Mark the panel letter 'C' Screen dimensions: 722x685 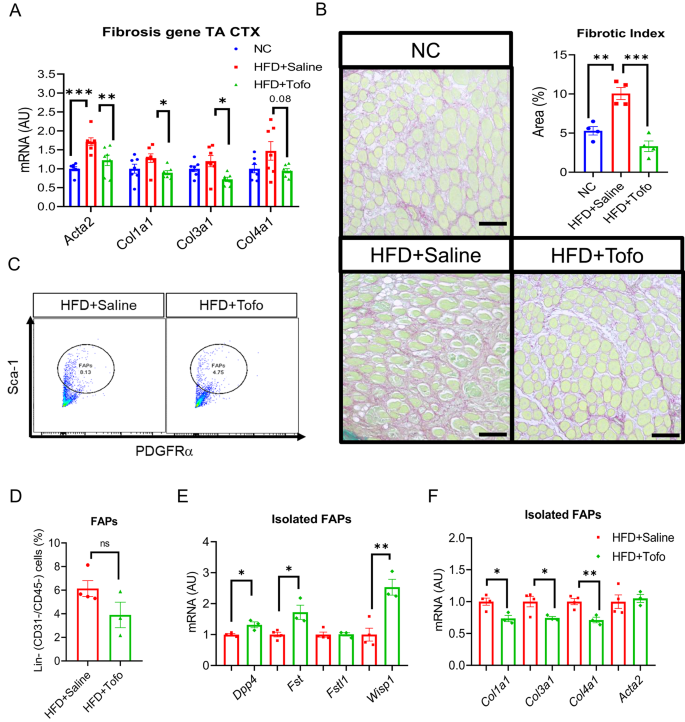[x=14, y=264]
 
